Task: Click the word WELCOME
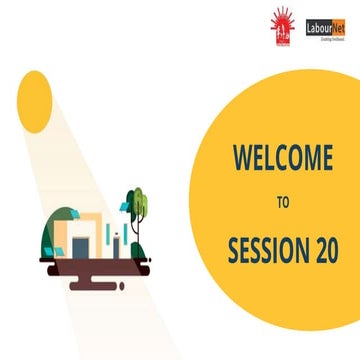coord(282,157)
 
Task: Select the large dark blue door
coord(79,244)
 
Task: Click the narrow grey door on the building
coord(114,243)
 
